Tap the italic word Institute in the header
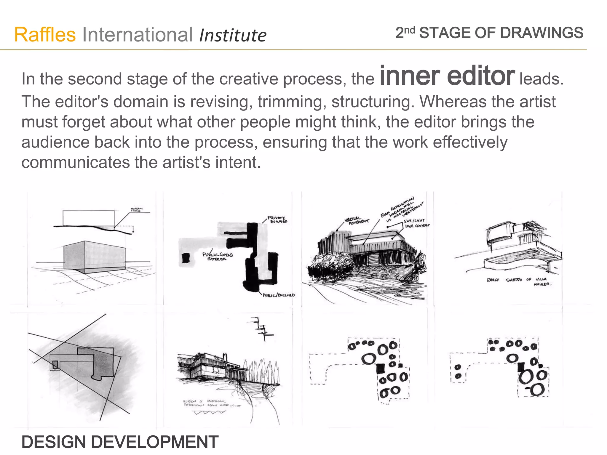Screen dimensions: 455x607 click(x=233, y=36)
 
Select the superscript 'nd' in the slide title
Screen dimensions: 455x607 click(x=410, y=29)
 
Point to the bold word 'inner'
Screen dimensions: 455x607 click(x=410, y=76)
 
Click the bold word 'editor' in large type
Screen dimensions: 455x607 click(x=481, y=76)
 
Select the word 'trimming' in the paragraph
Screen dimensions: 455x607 click(x=292, y=102)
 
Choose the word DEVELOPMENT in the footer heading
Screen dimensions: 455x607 click(x=154, y=442)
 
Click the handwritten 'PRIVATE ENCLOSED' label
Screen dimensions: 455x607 click(x=277, y=220)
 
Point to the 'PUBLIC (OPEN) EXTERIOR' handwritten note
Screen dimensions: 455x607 click(x=218, y=257)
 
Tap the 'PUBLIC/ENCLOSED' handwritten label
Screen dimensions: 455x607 click(x=279, y=295)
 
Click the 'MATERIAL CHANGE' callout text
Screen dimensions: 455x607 click(x=137, y=209)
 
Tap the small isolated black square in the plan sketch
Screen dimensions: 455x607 click(x=186, y=258)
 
